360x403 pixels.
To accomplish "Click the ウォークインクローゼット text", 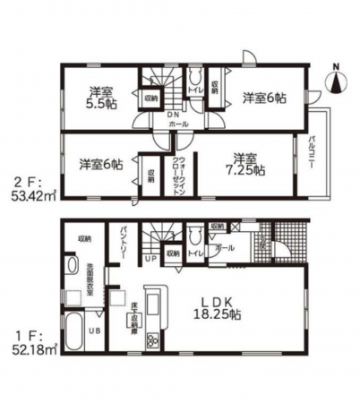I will (x=177, y=174).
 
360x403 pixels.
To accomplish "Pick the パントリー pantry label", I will (x=124, y=242).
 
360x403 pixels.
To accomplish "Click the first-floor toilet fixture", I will (x=195, y=236).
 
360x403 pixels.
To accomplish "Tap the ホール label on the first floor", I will (x=226, y=247).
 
